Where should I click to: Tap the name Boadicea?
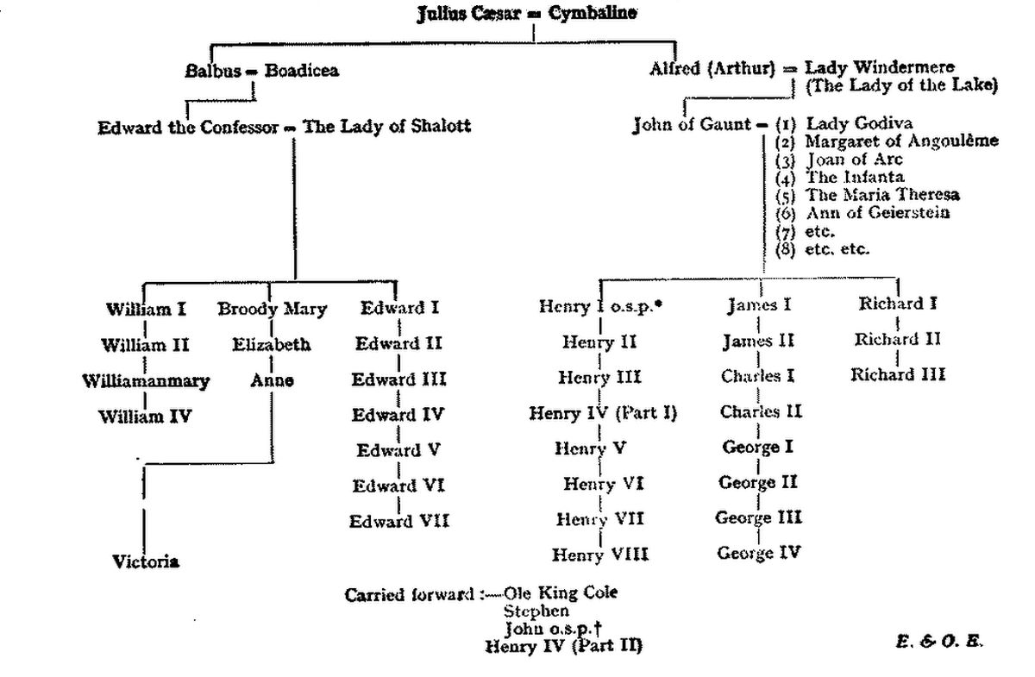(x=301, y=71)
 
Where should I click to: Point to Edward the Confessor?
(x=188, y=127)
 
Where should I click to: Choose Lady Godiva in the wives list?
(x=858, y=123)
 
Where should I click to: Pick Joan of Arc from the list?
(x=855, y=160)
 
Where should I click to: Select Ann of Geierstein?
(x=877, y=213)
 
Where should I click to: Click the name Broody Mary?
(x=272, y=308)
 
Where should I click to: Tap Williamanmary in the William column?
(x=146, y=379)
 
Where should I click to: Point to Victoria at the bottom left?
(x=146, y=561)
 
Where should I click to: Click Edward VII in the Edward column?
(x=399, y=521)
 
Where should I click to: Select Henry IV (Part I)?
(x=603, y=413)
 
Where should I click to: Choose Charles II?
(x=761, y=411)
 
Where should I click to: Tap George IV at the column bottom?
(x=759, y=552)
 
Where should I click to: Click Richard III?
(x=898, y=374)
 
